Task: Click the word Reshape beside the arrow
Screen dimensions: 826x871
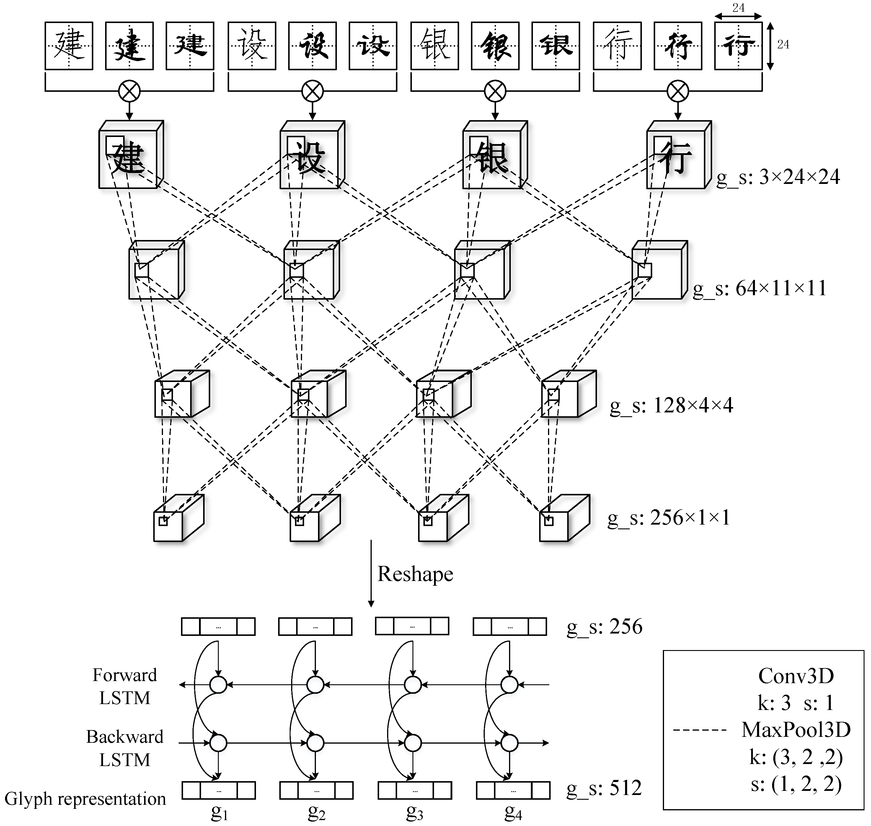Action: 415,574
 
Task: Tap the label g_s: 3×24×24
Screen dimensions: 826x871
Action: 778,177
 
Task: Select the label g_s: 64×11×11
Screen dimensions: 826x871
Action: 760,289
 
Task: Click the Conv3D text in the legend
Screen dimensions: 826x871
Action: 796,676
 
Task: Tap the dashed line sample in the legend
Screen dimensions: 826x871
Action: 700,730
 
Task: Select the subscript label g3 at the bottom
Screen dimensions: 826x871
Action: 414,812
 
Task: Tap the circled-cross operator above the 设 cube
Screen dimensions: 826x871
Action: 312,92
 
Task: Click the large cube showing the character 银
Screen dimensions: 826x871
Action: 495,155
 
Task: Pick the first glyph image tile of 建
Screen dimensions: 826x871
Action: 69,46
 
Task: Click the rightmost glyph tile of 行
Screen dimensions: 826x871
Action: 738,46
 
